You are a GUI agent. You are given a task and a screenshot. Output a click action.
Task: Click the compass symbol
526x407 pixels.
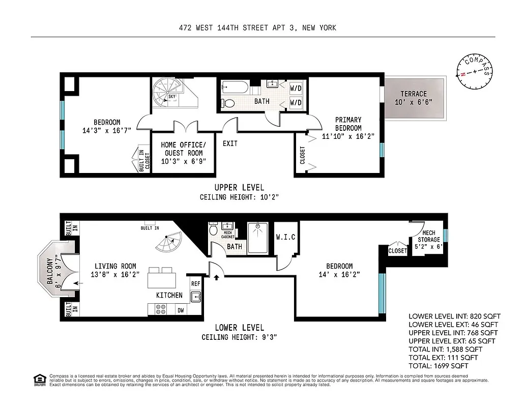(475, 71)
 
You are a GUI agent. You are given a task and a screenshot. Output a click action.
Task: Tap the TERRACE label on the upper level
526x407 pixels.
(414, 98)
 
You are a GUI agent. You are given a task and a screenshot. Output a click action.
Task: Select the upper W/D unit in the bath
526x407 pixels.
(296, 88)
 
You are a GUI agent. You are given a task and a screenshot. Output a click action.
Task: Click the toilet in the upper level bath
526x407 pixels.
(229, 103)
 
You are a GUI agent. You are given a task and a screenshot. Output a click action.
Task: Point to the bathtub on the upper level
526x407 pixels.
(234, 88)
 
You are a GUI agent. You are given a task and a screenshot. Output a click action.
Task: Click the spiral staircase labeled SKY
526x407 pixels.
(168, 94)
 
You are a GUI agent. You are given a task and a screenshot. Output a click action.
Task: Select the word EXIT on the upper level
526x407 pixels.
(230, 143)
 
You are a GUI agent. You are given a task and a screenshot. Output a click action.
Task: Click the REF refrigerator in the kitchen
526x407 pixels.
(195, 284)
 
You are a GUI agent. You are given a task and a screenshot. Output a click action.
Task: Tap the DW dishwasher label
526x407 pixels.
(180, 310)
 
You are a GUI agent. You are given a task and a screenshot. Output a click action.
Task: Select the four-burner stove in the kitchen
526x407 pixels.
(161, 310)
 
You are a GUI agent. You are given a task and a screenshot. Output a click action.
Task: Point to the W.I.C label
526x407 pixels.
(285, 237)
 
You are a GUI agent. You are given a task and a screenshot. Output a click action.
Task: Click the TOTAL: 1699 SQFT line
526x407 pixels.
(438, 365)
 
